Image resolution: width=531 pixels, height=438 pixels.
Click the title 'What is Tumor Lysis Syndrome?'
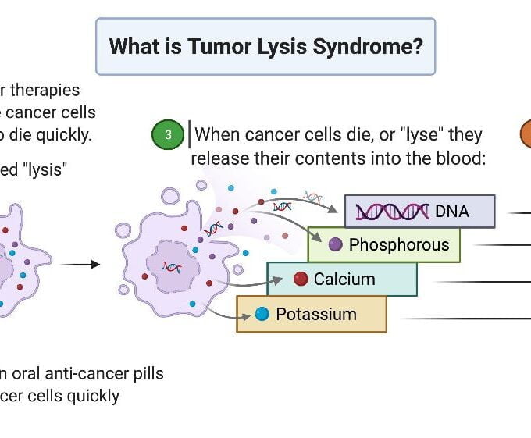(x=265, y=46)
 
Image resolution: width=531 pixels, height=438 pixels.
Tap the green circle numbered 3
(x=167, y=135)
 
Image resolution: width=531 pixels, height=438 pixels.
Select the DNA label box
(x=419, y=211)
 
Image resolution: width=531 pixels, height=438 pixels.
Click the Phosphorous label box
(x=384, y=245)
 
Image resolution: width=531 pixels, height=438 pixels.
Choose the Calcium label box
(x=342, y=280)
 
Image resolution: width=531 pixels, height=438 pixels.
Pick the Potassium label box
(x=311, y=314)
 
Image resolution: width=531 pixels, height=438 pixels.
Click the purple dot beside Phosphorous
(x=336, y=245)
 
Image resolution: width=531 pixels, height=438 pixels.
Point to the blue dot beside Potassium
(x=262, y=314)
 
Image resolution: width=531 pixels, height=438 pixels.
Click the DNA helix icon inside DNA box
(x=392, y=212)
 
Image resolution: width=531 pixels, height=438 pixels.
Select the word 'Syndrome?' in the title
(x=378, y=46)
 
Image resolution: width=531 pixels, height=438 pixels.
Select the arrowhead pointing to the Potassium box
(x=235, y=315)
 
